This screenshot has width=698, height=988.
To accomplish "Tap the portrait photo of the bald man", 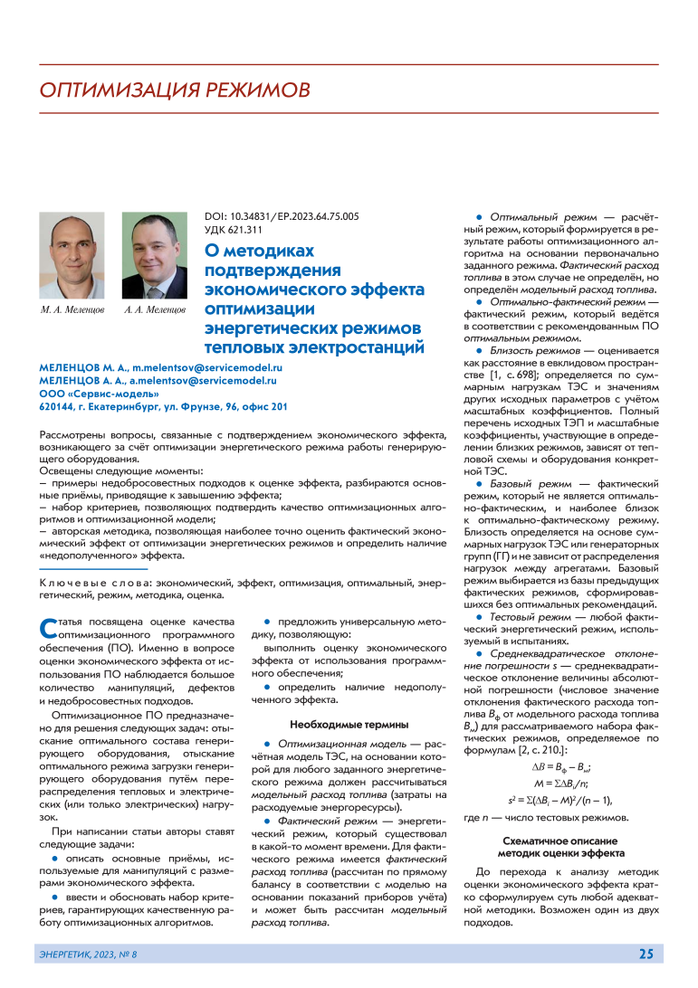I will click(72, 257).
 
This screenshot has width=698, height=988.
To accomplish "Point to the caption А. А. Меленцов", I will click(155, 310).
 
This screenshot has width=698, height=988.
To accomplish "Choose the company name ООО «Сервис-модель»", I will click(92, 394).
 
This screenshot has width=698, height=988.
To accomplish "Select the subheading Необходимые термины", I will click(348, 725).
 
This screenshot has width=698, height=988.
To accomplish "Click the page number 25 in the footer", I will click(645, 954).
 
